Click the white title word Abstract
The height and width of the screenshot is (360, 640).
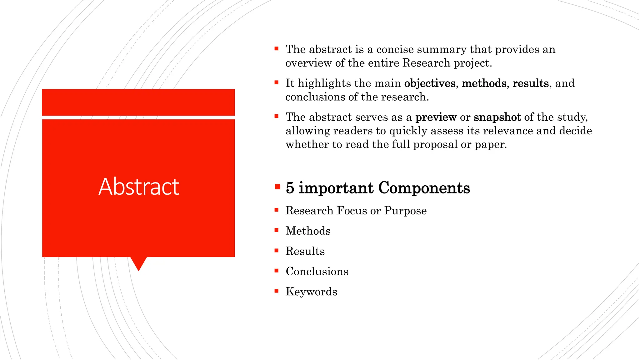[139, 187]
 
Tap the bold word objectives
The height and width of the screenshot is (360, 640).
[430, 83]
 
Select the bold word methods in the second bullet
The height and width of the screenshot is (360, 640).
[484, 83]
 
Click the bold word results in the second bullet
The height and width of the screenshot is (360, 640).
[531, 83]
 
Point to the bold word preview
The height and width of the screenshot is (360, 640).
[436, 117]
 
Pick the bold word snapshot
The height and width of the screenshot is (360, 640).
[497, 117]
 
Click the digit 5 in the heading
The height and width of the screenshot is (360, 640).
[290, 188]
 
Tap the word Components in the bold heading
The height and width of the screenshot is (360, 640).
[424, 188]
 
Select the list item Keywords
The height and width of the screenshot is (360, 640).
[311, 292]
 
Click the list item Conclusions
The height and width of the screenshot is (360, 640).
[317, 271]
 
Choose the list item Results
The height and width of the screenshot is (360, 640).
[305, 251]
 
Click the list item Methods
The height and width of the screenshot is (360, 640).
[308, 231]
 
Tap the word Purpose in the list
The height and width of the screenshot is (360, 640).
[405, 211]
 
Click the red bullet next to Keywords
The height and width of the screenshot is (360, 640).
[276, 291]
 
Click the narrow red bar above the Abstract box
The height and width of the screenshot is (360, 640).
[138, 102]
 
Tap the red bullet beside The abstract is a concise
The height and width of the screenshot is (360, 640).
[276, 49]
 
